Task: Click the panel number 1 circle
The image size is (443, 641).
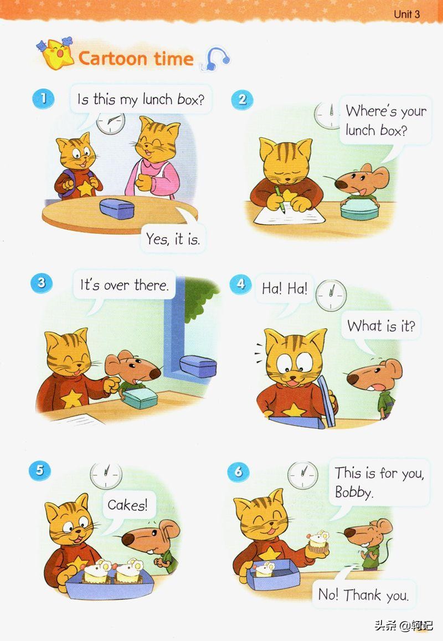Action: [x=43, y=99]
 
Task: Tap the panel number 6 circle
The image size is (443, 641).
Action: [x=238, y=472]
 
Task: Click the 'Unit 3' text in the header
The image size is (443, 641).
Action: [x=406, y=14]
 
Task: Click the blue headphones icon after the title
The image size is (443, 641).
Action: [x=215, y=59]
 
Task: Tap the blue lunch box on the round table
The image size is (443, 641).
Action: [x=117, y=208]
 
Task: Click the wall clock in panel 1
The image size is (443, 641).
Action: [x=111, y=122]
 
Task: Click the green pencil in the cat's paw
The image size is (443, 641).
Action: [x=280, y=199]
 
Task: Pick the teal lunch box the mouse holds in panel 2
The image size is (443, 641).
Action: [x=359, y=209]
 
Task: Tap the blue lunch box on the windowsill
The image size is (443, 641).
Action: [x=198, y=366]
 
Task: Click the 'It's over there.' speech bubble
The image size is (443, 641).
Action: [x=124, y=285]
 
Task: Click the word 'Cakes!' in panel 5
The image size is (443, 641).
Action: [x=127, y=505]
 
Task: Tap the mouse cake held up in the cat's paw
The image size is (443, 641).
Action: [x=318, y=542]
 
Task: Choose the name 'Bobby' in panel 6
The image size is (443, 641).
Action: [x=353, y=492]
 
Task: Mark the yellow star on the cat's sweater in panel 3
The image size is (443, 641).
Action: [x=71, y=398]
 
